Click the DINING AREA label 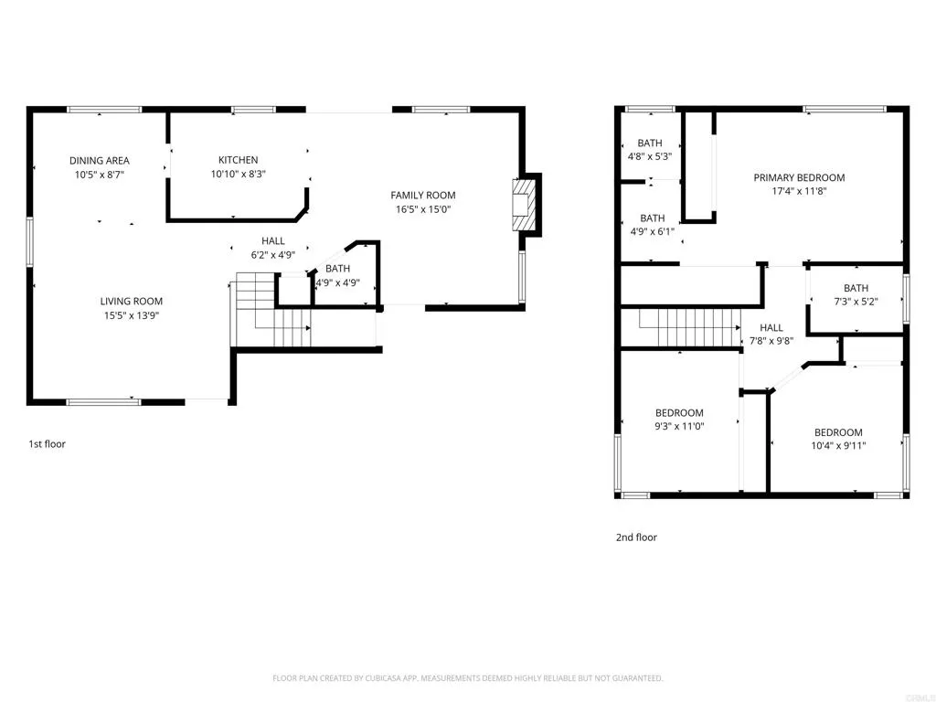pos(100,161)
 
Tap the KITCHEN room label pos(238,160)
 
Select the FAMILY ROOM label pos(422,195)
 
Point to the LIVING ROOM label pos(132,302)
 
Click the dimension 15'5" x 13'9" pos(132,315)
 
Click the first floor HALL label pos(273,241)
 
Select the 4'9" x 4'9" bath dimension pos(337,283)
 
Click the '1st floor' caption pos(47,444)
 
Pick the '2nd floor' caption pos(636,537)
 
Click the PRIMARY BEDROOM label pos(799,178)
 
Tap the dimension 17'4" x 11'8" pos(799,192)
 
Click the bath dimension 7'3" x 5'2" pos(856,302)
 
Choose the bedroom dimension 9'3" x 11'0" pos(679,426)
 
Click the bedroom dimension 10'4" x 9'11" pos(838,446)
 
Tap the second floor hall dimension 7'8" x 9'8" pos(771,341)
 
